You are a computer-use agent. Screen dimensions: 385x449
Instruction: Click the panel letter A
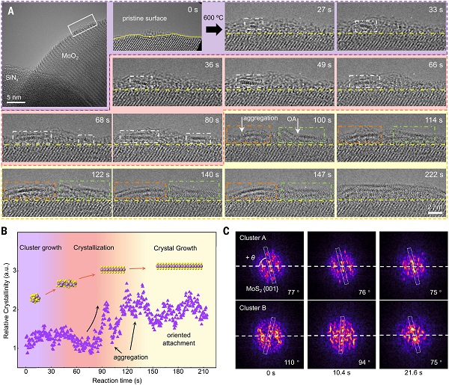(x=10, y=10)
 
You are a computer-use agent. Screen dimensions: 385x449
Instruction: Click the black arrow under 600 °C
(x=213, y=30)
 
